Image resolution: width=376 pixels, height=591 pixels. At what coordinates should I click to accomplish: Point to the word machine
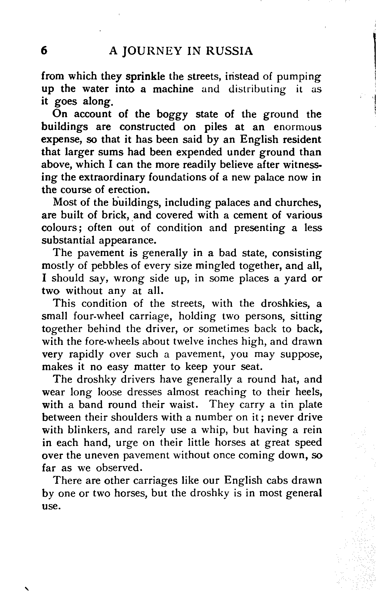tap(173, 89)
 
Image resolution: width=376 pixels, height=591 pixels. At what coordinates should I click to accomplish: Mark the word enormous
tap(297, 127)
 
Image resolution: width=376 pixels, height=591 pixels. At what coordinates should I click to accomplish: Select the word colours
tap(60, 228)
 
